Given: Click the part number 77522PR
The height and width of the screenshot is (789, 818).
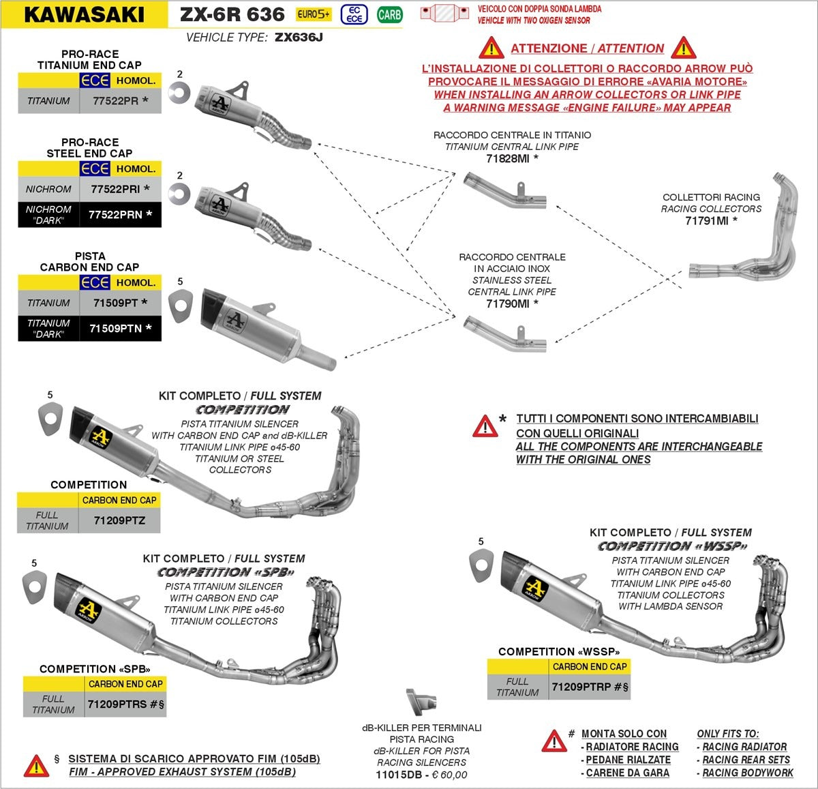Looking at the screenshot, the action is pos(116,101).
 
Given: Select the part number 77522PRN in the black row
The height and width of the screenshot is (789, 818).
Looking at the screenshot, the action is pos(115,215).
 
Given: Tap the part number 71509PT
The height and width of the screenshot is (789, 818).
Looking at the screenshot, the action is pos(116,303).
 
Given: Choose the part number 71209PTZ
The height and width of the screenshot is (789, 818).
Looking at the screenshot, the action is pos(119,521).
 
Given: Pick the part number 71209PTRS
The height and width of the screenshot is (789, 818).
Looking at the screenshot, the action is pos(117,704).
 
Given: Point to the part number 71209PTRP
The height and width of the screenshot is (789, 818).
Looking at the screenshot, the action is pos(581,687).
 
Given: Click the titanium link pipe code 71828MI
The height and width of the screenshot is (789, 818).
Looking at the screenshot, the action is pos(507,159).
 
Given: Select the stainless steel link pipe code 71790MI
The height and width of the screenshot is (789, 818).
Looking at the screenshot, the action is pos(507,303).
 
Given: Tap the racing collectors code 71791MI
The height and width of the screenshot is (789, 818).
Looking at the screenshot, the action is pos(707,221).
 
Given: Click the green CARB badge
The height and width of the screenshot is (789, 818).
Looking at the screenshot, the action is pos(389,15).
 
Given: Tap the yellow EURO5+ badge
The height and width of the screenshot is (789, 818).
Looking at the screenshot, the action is pos(313,15).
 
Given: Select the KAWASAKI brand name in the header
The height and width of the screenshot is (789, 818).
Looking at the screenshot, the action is pos(84,15).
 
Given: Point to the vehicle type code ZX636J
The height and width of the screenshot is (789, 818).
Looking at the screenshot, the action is pos(299,38).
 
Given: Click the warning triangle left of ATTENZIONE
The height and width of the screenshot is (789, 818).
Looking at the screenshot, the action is pos(491,48).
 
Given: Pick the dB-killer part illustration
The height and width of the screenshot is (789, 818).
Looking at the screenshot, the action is pos(421,702).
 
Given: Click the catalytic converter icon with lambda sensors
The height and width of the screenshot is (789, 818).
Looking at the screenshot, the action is pos(444,14).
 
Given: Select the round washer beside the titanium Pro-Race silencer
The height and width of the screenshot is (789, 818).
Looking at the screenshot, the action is pos(179,93).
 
